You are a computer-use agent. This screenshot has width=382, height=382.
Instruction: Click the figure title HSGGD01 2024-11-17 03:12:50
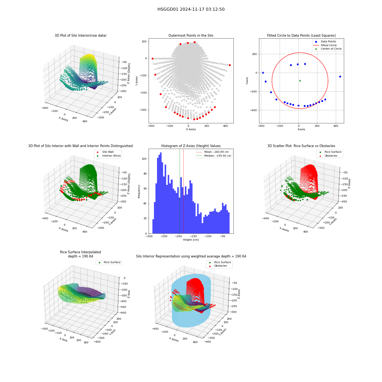(191, 9)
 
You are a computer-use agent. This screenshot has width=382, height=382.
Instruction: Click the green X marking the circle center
(300, 81)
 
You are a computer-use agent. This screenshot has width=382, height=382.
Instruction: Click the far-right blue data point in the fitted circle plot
(340, 76)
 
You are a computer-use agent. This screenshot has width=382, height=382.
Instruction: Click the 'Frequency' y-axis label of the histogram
(139, 191)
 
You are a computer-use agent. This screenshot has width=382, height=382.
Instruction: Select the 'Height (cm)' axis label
(191, 240)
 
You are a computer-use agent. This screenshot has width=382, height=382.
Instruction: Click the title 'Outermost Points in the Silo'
(191, 35)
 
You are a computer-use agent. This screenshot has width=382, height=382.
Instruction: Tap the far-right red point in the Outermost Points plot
(230, 65)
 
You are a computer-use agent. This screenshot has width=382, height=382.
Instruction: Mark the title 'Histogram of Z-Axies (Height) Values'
(191, 146)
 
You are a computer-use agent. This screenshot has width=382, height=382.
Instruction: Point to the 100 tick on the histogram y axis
(144, 159)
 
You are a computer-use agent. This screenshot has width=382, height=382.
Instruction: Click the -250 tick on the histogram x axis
(164, 236)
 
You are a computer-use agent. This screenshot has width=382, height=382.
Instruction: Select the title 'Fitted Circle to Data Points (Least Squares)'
(301, 35)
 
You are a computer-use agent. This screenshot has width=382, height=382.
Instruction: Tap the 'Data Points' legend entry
(328, 41)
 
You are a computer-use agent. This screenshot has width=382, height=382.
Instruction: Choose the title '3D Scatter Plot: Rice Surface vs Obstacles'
(301, 146)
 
